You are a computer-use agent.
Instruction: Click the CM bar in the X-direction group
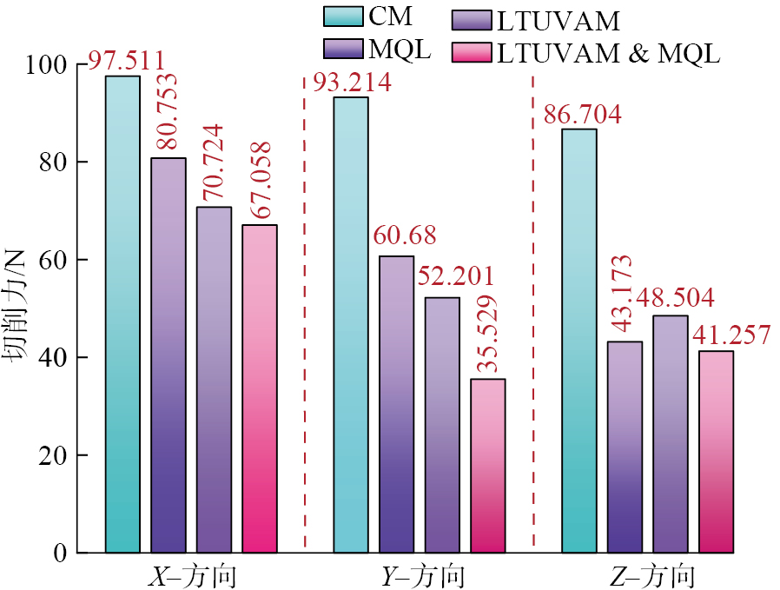(122, 314)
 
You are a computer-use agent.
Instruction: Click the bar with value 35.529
(487, 465)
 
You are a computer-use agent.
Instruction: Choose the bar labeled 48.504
(670, 434)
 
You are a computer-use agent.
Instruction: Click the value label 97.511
(127, 62)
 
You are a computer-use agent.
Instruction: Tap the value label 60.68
(405, 235)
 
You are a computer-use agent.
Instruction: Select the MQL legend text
(401, 50)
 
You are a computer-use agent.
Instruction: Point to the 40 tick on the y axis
(67, 358)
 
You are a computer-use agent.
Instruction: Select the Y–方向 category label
(423, 576)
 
